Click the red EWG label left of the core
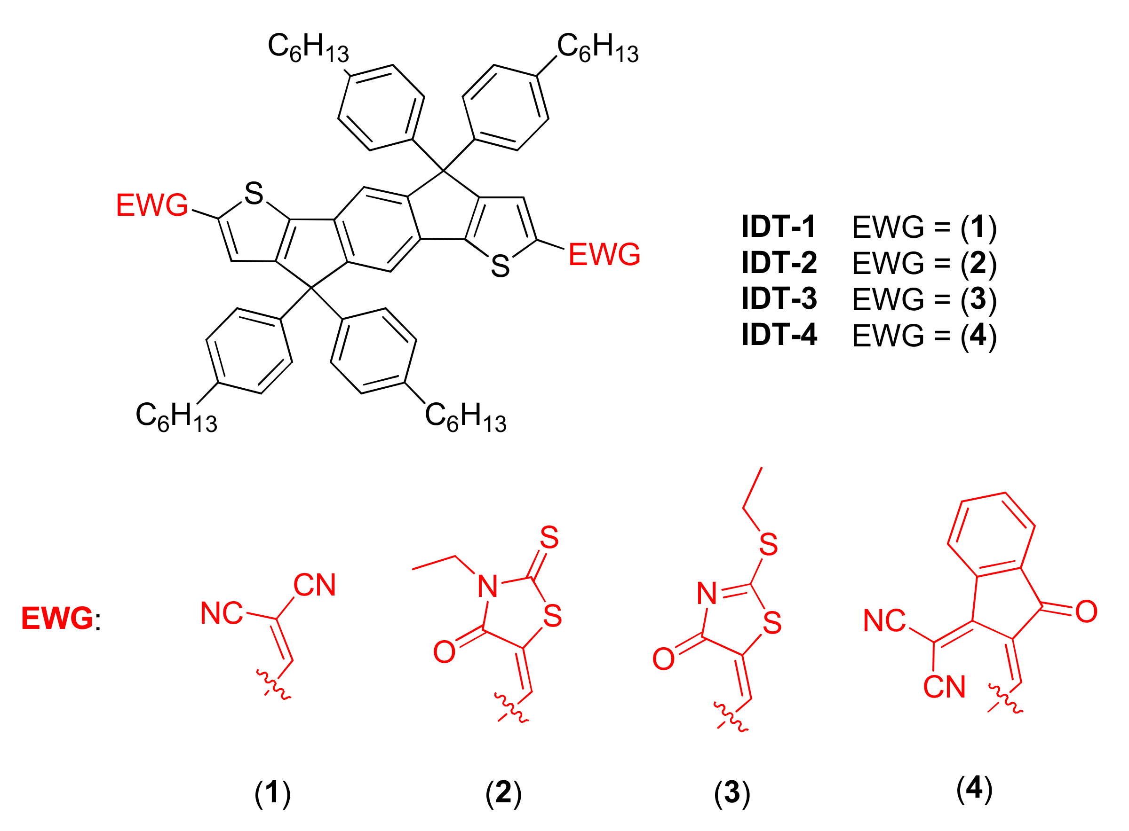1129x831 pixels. [151, 205]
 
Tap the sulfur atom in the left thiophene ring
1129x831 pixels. [254, 194]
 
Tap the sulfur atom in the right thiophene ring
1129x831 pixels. [500, 266]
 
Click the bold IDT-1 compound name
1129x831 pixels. [778, 227]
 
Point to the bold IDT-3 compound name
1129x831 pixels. [779, 299]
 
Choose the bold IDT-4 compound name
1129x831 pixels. [779, 335]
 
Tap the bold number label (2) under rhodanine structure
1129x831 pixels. [503, 793]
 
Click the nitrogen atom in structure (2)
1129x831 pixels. [487, 587]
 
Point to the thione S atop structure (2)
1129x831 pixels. [549, 538]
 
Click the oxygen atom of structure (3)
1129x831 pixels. [663, 659]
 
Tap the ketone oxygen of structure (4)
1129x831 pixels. [1086, 611]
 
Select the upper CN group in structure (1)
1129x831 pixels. [314, 585]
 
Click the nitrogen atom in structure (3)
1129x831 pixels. [707, 594]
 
